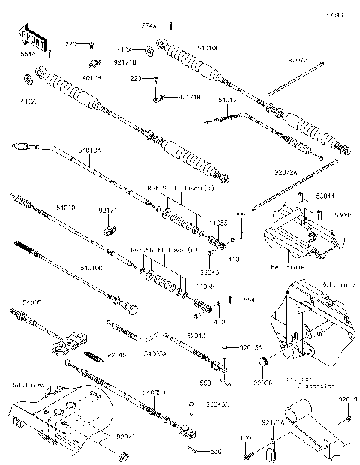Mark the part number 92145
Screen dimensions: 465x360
pos(118,352)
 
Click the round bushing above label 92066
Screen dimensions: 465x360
pos(263,364)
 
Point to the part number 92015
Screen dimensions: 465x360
pos(347,399)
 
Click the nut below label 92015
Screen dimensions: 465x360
pos(347,417)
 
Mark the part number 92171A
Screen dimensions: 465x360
pos(272,423)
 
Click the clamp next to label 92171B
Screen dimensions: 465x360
pos(160,97)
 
